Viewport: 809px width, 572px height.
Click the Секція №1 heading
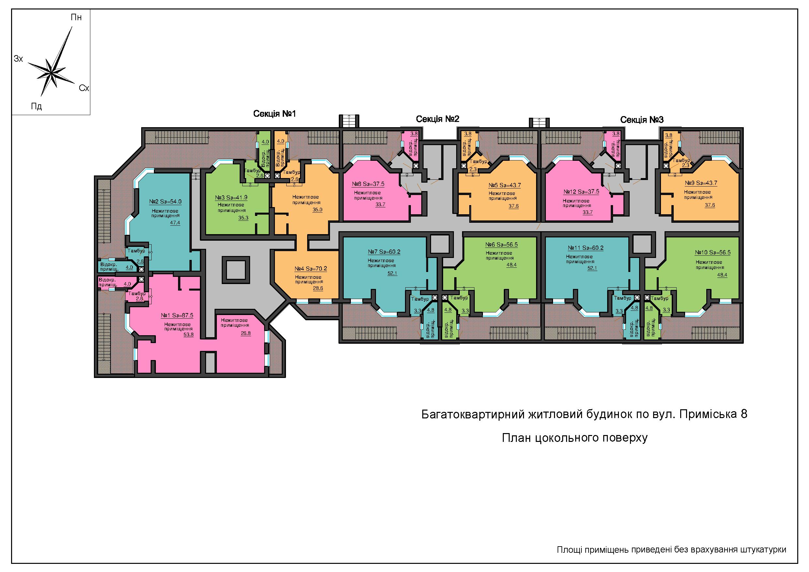pos(275,113)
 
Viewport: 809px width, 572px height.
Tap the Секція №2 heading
pos(438,119)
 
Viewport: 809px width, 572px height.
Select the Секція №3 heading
pos(642,120)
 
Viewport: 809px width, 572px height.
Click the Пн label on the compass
pos(76,17)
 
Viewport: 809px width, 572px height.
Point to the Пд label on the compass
pos(37,106)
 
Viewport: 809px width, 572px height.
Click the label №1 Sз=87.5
pos(177,315)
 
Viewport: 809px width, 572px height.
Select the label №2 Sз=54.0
pos(165,202)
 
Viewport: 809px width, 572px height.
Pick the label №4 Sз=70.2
pos(311,269)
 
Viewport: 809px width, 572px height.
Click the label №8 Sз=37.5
pos(368,184)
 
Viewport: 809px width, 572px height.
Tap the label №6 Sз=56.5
pos(502,245)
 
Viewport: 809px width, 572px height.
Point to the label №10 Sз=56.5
pos(712,253)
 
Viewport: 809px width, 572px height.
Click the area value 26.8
pos(246,333)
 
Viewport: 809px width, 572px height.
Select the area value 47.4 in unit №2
pos(175,223)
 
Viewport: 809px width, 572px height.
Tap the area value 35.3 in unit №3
pos(243,218)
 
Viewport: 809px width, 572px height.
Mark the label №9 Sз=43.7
pos(701,183)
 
